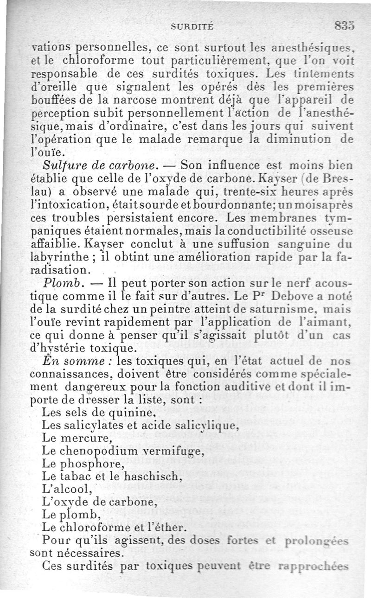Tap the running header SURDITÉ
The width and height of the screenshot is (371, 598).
[x=192, y=27]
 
